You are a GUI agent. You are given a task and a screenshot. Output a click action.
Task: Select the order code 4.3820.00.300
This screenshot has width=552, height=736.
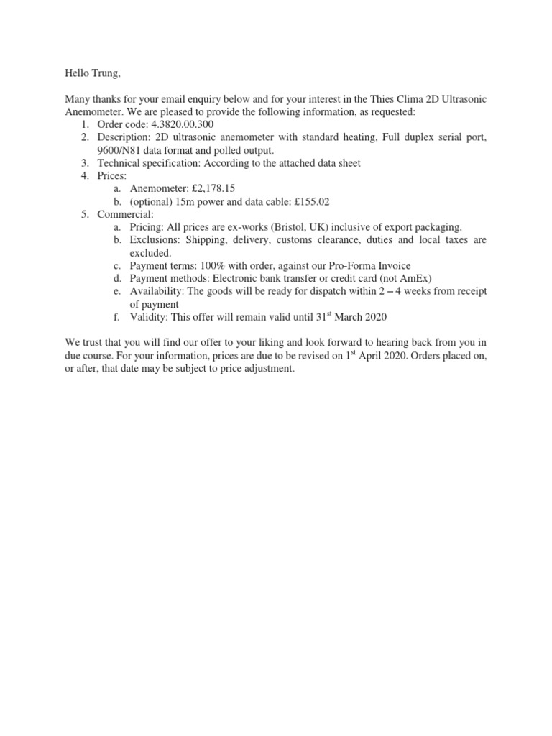(183, 124)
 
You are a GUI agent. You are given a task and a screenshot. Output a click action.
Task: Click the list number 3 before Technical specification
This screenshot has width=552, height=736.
(84, 163)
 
